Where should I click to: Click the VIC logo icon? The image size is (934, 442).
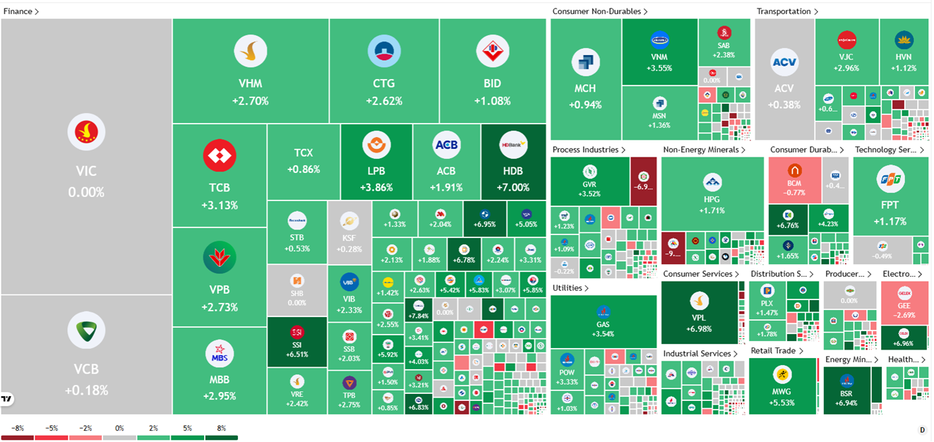86,132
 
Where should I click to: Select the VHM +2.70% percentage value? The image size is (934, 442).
250,101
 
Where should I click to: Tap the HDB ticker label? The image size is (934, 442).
513,171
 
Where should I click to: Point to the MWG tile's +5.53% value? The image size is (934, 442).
782,402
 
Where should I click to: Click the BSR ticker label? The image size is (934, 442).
846,394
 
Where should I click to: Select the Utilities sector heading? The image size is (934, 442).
568,288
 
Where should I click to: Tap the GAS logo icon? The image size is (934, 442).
603,311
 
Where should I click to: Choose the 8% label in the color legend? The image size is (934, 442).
222,428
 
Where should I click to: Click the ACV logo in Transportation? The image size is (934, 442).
784,62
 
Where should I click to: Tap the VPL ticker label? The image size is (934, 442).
699,318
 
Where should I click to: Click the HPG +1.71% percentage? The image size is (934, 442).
712,210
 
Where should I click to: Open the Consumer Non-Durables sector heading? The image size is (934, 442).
597,11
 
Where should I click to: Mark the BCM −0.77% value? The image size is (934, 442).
795,192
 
